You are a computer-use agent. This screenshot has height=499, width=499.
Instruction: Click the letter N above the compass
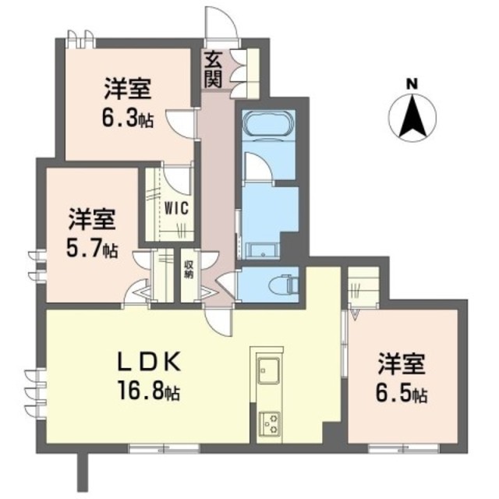(412, 83)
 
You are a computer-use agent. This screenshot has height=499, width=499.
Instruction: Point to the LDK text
(150, 362)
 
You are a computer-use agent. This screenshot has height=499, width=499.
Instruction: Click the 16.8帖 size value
(151, 391)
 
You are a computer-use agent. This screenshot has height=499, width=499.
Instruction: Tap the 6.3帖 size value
(128, 118)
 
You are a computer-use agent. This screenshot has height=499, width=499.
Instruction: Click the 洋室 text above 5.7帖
(92, 218)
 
